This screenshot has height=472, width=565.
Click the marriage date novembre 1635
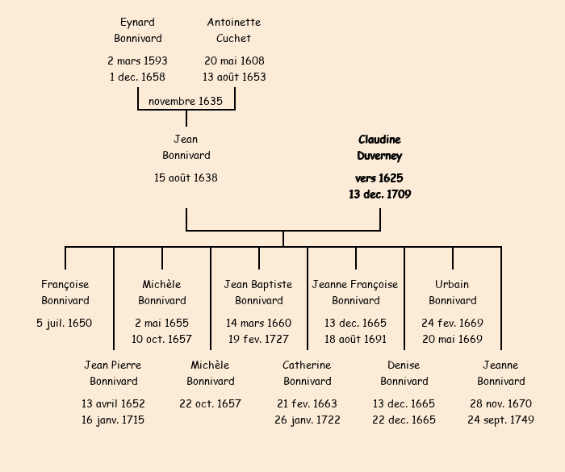pos(186,101)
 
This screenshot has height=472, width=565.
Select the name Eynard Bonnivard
pos(137,30)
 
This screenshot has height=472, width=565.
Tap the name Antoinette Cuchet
pos(234,30)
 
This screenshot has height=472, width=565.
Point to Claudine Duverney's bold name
pos(379,148)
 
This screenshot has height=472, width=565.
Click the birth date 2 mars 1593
pos(137,61)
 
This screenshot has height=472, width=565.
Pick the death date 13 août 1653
pos(234,77)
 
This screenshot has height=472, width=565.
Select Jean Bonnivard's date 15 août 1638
pos(186,178)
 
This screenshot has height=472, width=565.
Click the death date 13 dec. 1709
pos(379,194)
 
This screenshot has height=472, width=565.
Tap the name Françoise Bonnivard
pos(65,292)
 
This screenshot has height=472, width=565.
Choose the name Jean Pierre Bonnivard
pos(113,373)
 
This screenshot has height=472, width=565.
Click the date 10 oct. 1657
pos(162,339)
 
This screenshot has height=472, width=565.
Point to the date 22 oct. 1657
pos(210,403)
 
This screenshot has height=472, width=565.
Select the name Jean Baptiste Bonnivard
pos(258,292)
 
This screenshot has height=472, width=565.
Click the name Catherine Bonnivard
pos(307,373)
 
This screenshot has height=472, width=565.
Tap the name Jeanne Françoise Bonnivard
pos(355,292)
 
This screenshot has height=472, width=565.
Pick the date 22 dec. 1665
pos(404,420)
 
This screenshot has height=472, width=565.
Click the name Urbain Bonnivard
pos(452,292)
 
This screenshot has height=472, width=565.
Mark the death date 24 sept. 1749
pos(500,420)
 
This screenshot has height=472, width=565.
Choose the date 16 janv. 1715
pos(113,420)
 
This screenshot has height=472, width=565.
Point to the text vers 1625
pos(379,178)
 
